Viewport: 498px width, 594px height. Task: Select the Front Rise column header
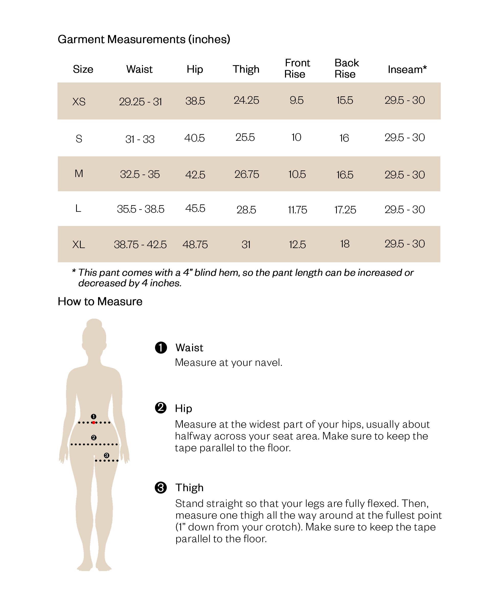(297, 68)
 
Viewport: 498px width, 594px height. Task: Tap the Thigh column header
(246, 69)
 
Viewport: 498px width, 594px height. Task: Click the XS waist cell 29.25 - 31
(140, 101)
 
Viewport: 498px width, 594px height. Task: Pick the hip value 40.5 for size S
(195, 138)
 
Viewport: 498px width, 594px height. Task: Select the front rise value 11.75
(297, 209)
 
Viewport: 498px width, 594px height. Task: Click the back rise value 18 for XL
(345, 244)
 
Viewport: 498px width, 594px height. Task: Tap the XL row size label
(79, 244)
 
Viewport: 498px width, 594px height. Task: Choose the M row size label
(79, 173)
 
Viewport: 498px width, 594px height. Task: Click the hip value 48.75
(195, 244)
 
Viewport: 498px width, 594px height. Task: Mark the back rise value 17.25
(345, 209)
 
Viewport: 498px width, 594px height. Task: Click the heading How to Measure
(100, 301)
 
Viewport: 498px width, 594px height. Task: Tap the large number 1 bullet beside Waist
(161, 348)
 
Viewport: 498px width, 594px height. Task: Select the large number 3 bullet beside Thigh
(161, 488)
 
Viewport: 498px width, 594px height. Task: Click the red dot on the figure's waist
(94, 423)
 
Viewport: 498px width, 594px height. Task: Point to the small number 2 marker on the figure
(94, 438)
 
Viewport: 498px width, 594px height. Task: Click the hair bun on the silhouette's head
(94, 323)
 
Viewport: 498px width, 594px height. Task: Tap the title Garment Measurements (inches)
(144, 39)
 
